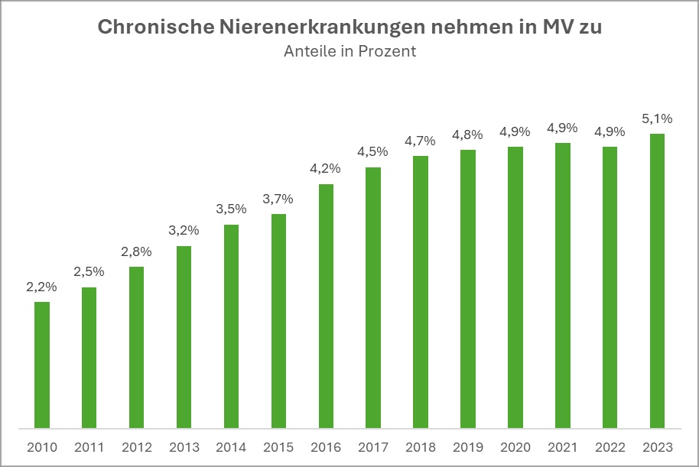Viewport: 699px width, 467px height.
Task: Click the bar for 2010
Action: (x=42, y=365)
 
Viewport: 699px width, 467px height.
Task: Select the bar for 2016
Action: (x=326, y=306)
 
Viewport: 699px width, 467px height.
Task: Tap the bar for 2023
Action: (x=657, y=281)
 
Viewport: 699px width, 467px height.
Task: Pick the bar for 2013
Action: (x=184, y=337)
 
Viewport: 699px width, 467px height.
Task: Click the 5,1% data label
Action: (x=657, y=118)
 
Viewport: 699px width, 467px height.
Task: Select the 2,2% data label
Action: (x=42, y=287)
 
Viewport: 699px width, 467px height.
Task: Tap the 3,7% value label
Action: (x=278, y=199)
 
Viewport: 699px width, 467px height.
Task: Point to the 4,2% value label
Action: (x=326, y=169)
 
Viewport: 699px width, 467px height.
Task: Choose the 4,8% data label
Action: (x=468, y=135)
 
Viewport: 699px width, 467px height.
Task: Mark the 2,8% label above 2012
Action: (x=136, y=251)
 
